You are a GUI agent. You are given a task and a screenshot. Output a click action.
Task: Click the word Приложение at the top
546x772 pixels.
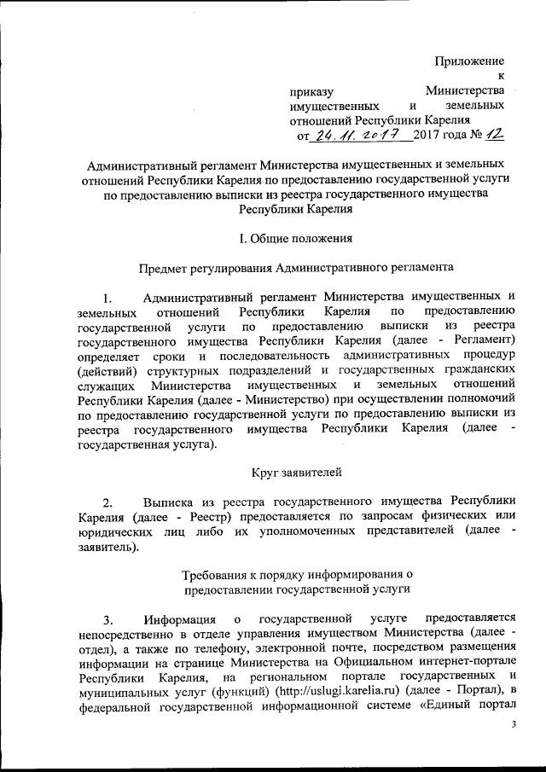[469, 61]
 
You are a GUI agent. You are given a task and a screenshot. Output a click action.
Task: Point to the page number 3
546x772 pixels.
[513, 724]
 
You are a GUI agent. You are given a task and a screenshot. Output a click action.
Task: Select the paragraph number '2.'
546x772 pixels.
[107, 502]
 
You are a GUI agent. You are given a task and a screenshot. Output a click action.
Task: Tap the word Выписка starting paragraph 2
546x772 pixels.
[172, 502]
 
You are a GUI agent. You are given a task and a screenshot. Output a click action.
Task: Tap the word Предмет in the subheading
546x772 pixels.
[166, 267]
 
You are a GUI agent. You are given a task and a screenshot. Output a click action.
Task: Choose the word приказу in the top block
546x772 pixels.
[311, 91]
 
